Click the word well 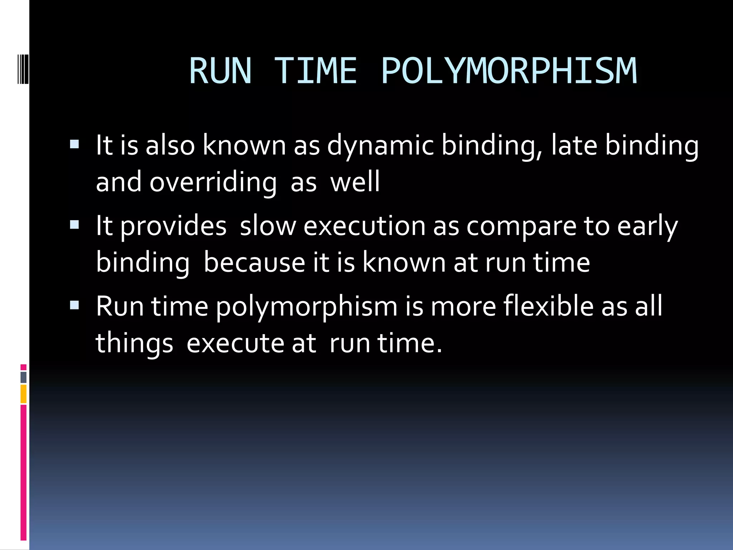click(x=355, y=182)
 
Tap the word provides click(x=173, y=227)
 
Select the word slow click(x=268, y=226)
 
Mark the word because click(x=254, y=262)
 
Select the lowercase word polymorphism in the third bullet click(x=307, y=307)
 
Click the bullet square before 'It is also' click(x=74, y=144)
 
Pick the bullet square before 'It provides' click(x=74, y=225)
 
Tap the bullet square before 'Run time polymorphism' click(x=74, y=305)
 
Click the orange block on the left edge click(x=24, y=394)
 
